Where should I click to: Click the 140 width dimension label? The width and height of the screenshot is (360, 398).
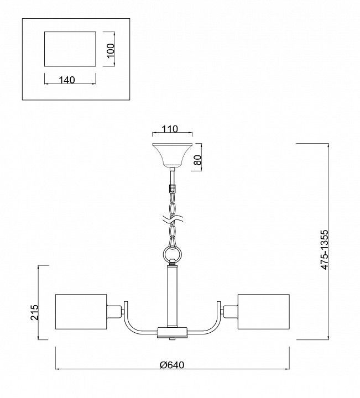click(x=67, y=80)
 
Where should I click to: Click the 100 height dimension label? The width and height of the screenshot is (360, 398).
click(x=111, y=50)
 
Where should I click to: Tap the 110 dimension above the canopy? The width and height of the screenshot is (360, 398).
click(x=170, y=129)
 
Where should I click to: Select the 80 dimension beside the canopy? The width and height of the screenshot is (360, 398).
click(x=198, y=160)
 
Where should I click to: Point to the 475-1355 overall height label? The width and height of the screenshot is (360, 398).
click(x=324, y=250)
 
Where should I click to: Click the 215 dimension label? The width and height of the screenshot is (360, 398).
click(x=34, y=312)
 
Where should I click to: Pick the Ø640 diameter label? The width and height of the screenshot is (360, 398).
click(x=172, y=365)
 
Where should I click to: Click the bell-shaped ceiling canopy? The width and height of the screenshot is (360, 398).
click(x=172, y=155)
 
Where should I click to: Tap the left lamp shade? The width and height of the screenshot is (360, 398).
click(x=81, y=312)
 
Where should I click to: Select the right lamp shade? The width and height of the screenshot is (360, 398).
click(x=264, y=312)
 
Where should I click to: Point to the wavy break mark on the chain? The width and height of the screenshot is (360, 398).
click(x=173, y=219)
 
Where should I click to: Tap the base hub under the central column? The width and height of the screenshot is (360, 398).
click(x=173, y=333)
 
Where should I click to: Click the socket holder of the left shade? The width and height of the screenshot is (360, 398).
click(x=114, y=312)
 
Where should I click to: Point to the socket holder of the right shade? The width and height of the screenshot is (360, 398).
click(x=231, y=312)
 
